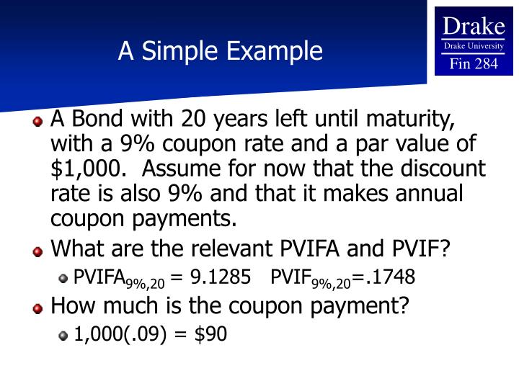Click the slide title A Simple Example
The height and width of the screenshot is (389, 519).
221,51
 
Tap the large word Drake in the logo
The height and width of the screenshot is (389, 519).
474,27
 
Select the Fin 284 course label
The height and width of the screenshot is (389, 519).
474,63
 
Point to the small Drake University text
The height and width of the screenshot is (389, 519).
474,46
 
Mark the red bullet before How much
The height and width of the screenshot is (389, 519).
37,308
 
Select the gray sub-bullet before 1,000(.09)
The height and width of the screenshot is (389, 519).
63,334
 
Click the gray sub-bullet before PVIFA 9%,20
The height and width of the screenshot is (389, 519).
63,278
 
